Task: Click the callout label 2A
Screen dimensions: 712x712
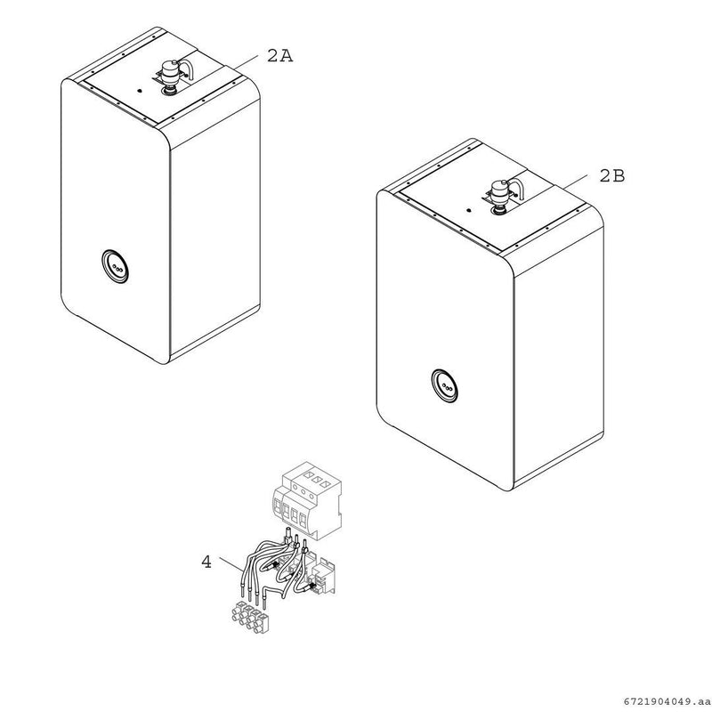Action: [x=279, y=56]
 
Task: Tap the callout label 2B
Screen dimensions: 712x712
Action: [x=612, y=175]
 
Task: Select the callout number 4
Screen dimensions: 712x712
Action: [x=206, y=562]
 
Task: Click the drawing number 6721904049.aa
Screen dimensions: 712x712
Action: [x=667, y=701]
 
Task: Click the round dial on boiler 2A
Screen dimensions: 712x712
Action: [x=115, y=266]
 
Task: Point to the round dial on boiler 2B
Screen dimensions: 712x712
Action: [x=444, y=386]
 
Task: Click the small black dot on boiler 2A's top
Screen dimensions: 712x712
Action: [x=140, y=91]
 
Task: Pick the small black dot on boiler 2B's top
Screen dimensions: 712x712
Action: [x=469, y=211]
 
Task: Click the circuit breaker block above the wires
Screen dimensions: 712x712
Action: [x=307, y=500]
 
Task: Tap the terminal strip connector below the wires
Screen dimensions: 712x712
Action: [x=250, y=617]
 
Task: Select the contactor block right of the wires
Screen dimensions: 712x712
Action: [x=324, y=576]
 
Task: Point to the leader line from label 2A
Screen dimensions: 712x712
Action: [x=243, y=61]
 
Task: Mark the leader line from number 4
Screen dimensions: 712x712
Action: [x=231, y=563]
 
